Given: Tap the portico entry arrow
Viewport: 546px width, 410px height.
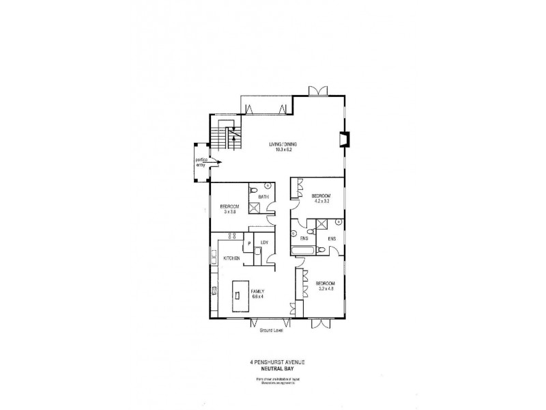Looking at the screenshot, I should click(214, 161).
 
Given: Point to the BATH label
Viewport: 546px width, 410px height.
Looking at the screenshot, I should click(263, 197).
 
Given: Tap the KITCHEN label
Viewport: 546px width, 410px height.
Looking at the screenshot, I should click(231, 258).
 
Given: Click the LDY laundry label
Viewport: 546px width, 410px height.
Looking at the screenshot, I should click(264, 242).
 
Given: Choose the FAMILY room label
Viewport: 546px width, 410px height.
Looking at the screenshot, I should click(258, 291).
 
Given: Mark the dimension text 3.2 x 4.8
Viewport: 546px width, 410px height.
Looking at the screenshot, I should click(324, 288).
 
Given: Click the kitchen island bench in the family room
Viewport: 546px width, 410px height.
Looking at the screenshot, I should click(239, 295).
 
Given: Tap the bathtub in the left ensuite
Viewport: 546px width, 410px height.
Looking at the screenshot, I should click(301, 252).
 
